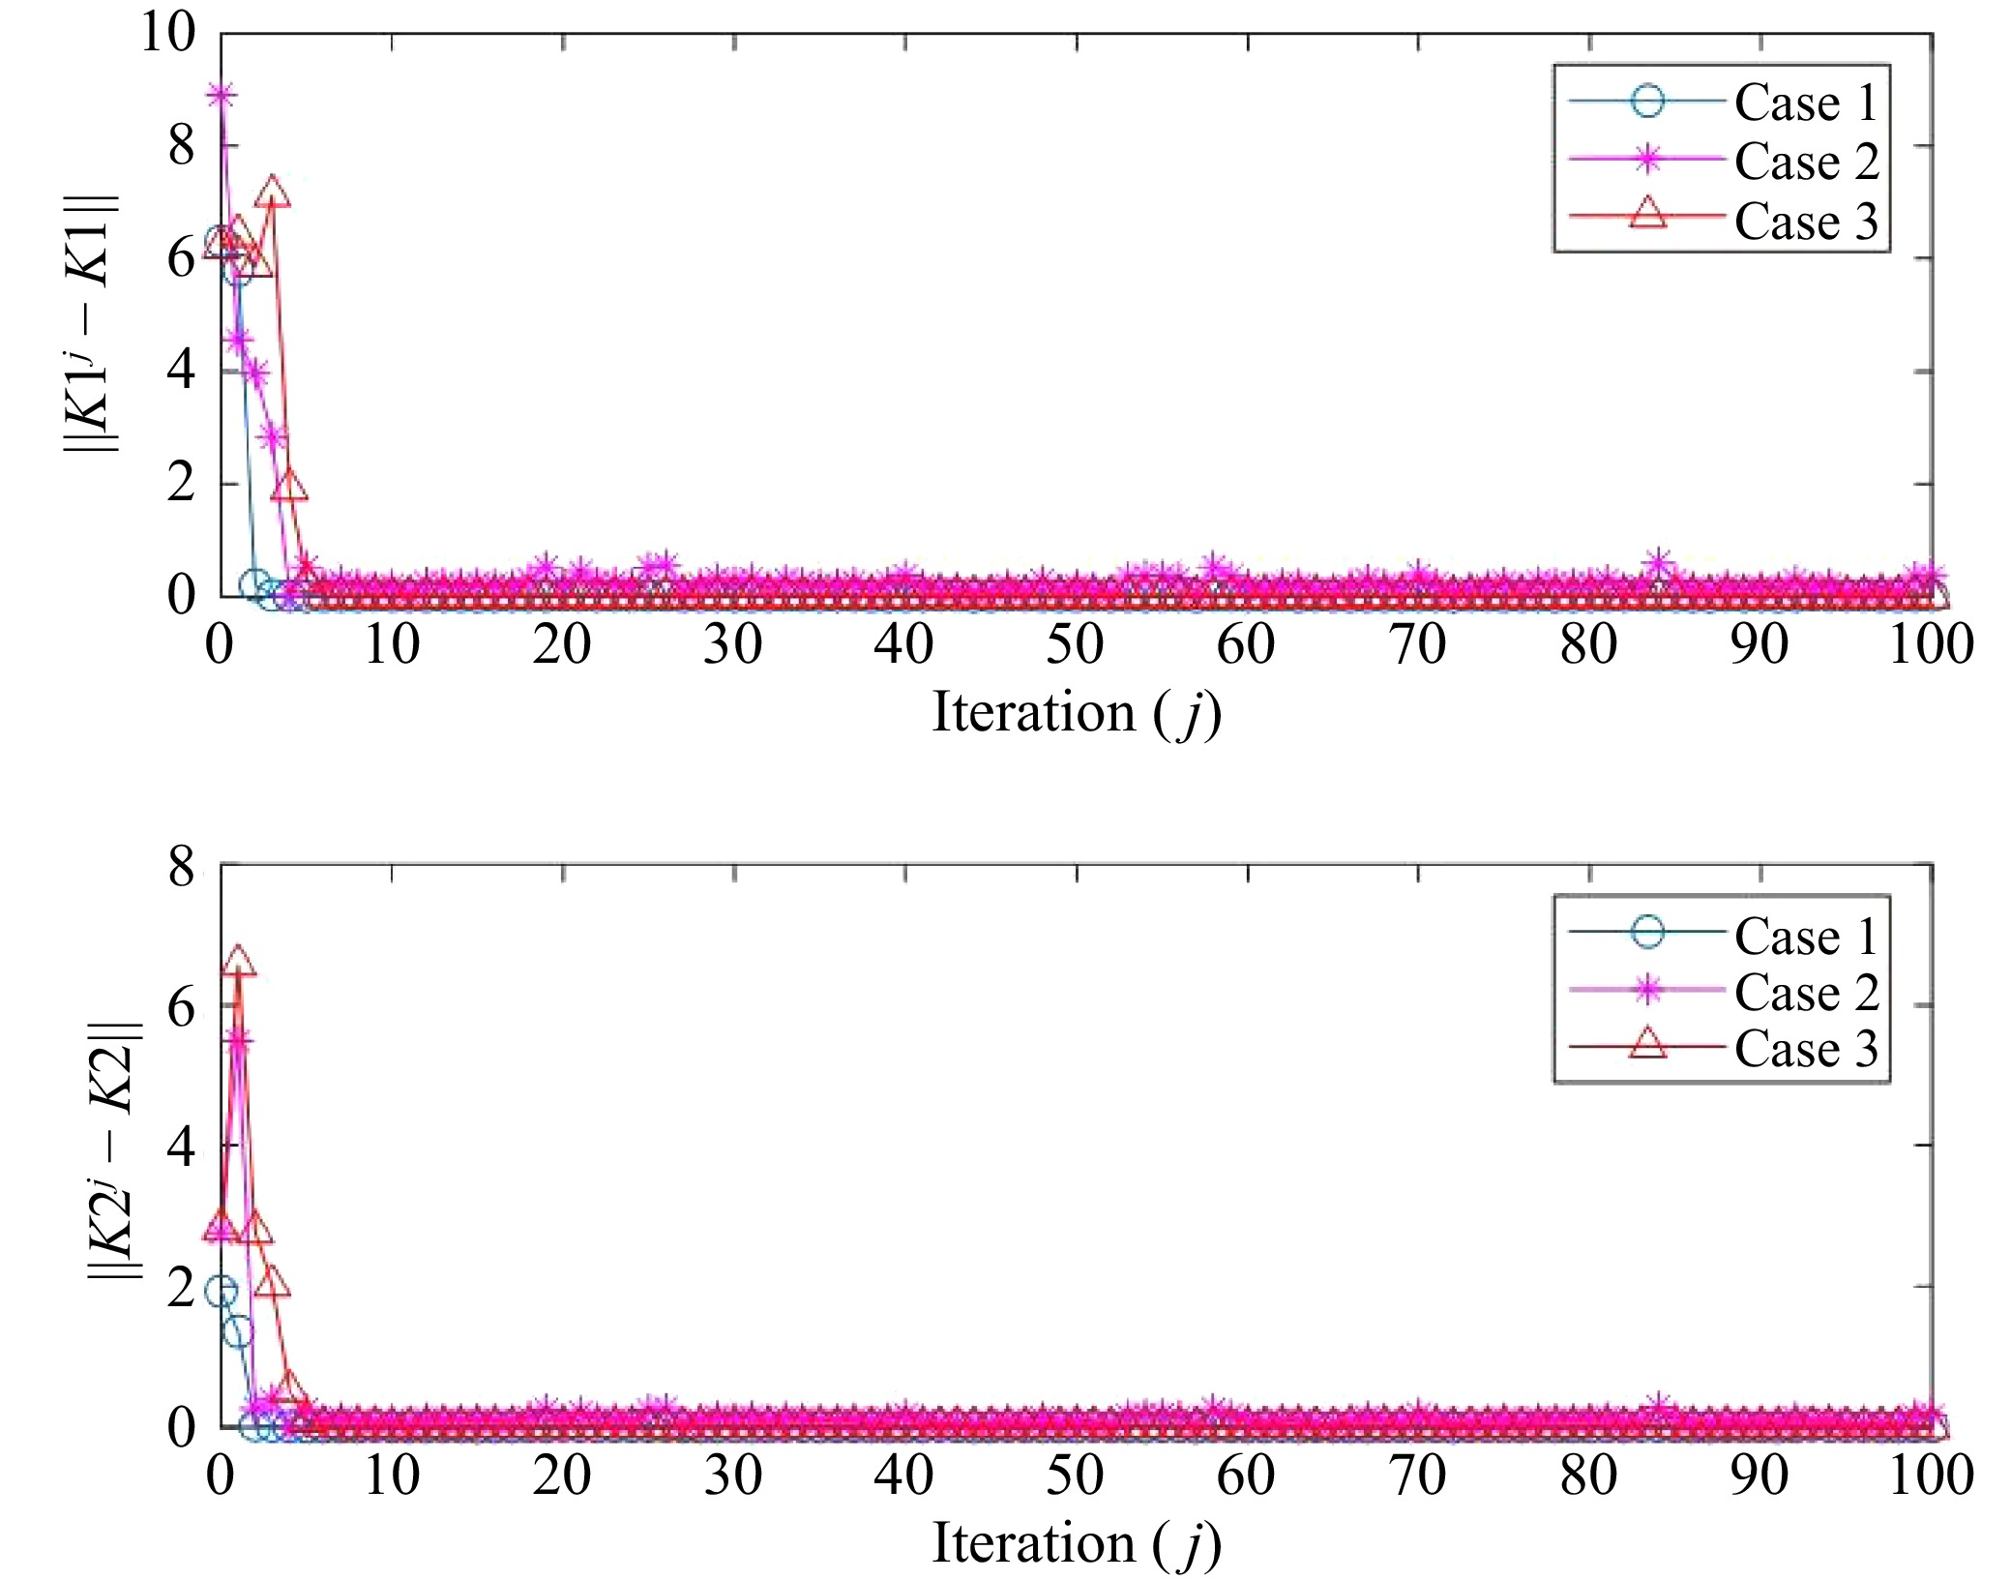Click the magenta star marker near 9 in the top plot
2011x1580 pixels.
point(222,95)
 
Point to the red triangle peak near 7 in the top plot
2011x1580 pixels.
point(273,192)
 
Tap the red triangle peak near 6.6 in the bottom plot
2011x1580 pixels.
point(238,962)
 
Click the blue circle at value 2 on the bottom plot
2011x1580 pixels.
point(222,1291)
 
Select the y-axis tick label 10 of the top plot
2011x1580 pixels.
point(167,33)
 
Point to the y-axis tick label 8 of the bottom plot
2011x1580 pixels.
point(181,867)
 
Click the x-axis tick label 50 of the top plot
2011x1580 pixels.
point(1075,644)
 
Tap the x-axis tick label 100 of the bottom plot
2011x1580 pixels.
point(1931,1476)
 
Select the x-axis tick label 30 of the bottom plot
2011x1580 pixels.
point(733,1476)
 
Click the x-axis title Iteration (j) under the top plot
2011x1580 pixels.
point(1076,714)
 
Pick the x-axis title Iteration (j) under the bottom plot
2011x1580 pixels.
point(1076,1543)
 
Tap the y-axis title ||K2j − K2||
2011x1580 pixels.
point(114,1151)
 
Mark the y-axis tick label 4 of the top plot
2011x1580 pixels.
point(181,371)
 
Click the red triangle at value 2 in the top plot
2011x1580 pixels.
point(289,486)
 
